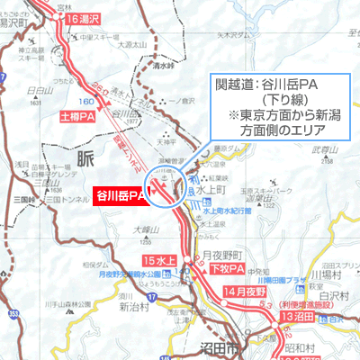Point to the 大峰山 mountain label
(x=145, y=229)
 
